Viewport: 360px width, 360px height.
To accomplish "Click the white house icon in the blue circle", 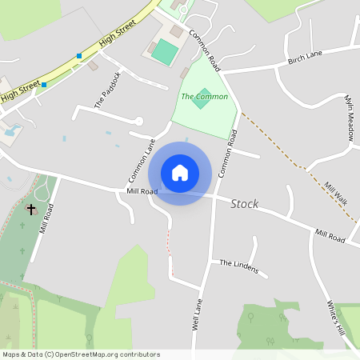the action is [x=180, y=173].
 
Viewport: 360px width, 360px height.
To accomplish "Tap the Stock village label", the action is [x=244, y=204].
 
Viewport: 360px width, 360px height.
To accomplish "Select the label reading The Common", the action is [x=204, y=97].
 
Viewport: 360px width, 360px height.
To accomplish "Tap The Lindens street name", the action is [x=239, y=266].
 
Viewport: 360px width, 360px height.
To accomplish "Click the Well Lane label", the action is [x=197, y=314].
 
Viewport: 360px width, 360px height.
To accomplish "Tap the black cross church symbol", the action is [x=31, y=210].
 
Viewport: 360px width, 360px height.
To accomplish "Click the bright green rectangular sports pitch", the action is [x=164, y=53].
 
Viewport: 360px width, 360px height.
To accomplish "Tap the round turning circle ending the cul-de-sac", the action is [x=138, y=121].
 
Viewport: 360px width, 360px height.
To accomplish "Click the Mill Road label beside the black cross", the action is [x=46, y=218].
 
